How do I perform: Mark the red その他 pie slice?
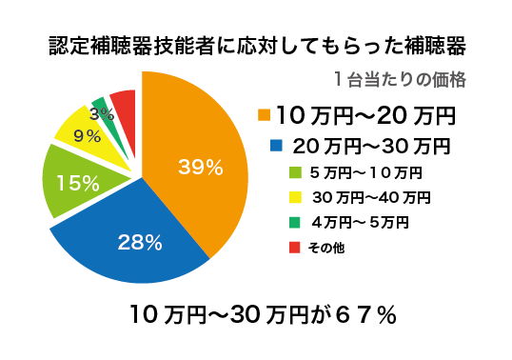pyautogui.click(x=124, y=101)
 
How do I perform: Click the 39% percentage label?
pyautogui.click(x=200, y=168)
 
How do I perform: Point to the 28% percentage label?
pyautogui.click(x=139, y=242)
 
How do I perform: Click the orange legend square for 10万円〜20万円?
pyautogui.click(x=265, y=116)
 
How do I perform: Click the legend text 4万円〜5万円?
pyautogui.click(x=360, y=223)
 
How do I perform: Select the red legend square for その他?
pyautogui.click(x=293, y=248)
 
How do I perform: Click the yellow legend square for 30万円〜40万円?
pyautogui.click(x=293, y=198)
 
